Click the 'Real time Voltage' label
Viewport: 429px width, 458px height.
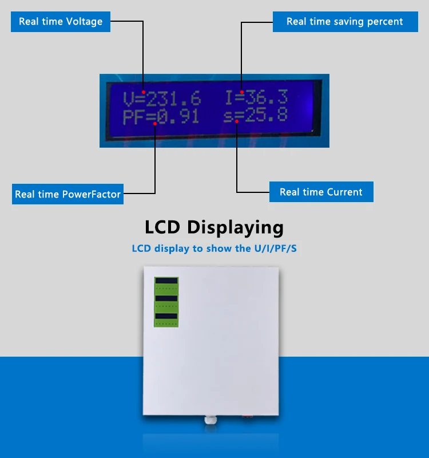pyautogui.click(x=61, y=22)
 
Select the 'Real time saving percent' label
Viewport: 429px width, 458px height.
pyautogui.click(x=344, y=22)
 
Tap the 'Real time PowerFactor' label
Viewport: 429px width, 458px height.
pyautogui.click(x=67, y=194)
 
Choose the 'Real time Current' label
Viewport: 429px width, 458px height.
pyautogui.click(x=321, y=192)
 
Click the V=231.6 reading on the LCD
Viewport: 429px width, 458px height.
pyautogui.click(x=162, y=99)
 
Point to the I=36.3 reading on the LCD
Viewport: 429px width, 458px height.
pyautogui.click(x=256, y=97)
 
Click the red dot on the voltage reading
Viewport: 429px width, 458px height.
pyautogui.click(x=144, y=92)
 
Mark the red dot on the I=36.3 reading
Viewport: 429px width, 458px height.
pyautogui.click(x=242, y=92)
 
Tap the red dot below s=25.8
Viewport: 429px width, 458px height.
pyautogui.click(x=236, y=121)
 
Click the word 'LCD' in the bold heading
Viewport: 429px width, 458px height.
pyautogui.click(x=163, y=227)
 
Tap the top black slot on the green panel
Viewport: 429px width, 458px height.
pyautogui.click(x=166, y=281)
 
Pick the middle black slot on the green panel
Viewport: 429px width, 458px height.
pyautogui.click(x=166, y=298)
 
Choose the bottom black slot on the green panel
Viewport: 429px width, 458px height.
pyautogui.click(x=166, y=316)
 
